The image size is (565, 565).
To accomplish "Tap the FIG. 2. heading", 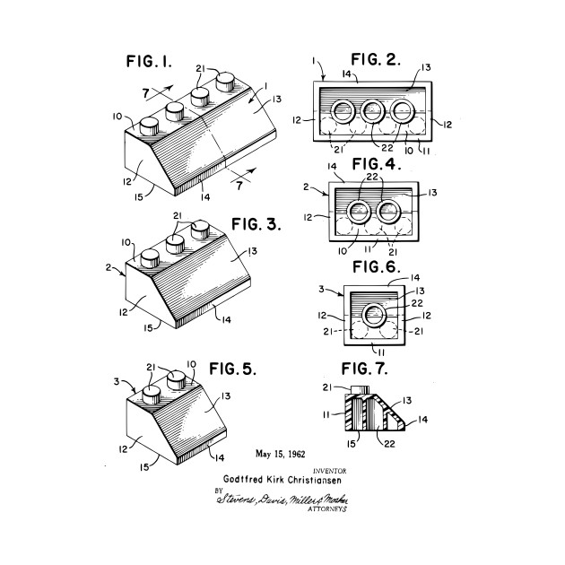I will click(x=375, y=61).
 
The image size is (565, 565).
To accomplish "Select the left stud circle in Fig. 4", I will click(x=355, y=213).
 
